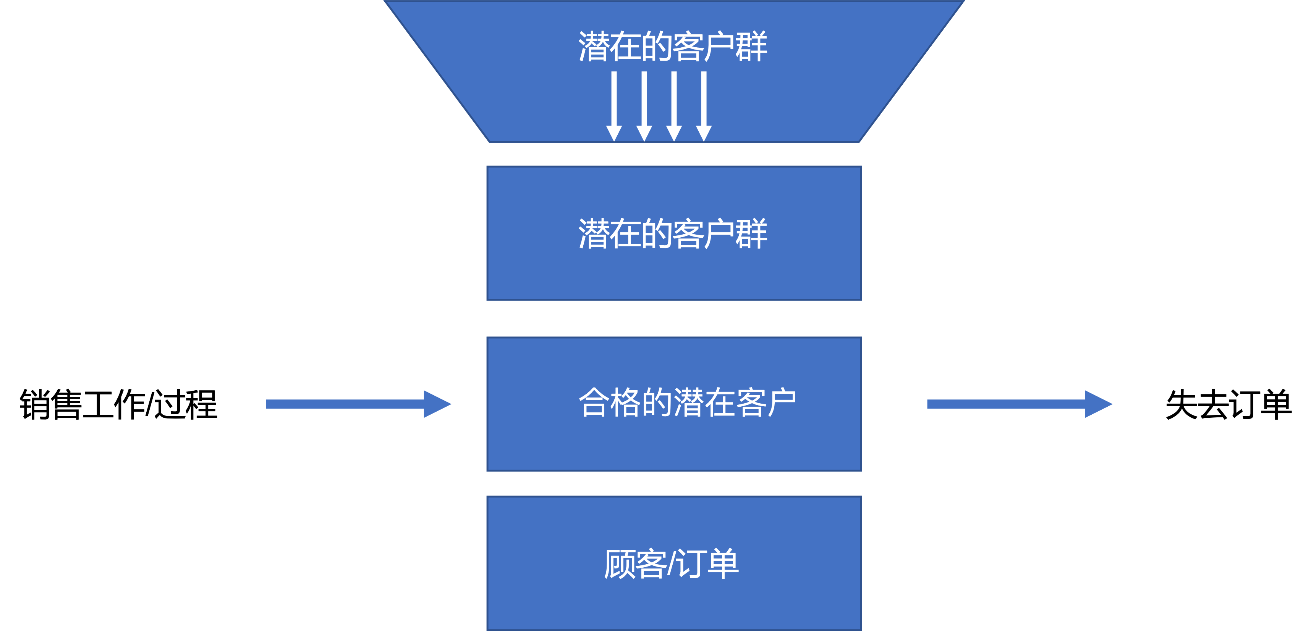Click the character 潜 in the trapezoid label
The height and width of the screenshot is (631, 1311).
tap(593, 47)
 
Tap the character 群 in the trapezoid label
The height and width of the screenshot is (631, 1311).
tap(751, 47)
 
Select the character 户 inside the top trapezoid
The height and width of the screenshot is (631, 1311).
tap(720, 47)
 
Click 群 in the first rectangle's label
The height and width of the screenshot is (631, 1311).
tap(751, 234)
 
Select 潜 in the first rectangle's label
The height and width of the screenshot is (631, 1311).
tap(593, 234)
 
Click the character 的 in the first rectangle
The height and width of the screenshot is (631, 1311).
tap(657, 234)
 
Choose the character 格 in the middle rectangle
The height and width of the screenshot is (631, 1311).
tap(625, 403)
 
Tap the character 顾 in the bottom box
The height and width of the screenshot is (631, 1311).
tap(619, 564)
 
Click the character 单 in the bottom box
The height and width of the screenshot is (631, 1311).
tap(723, 564)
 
